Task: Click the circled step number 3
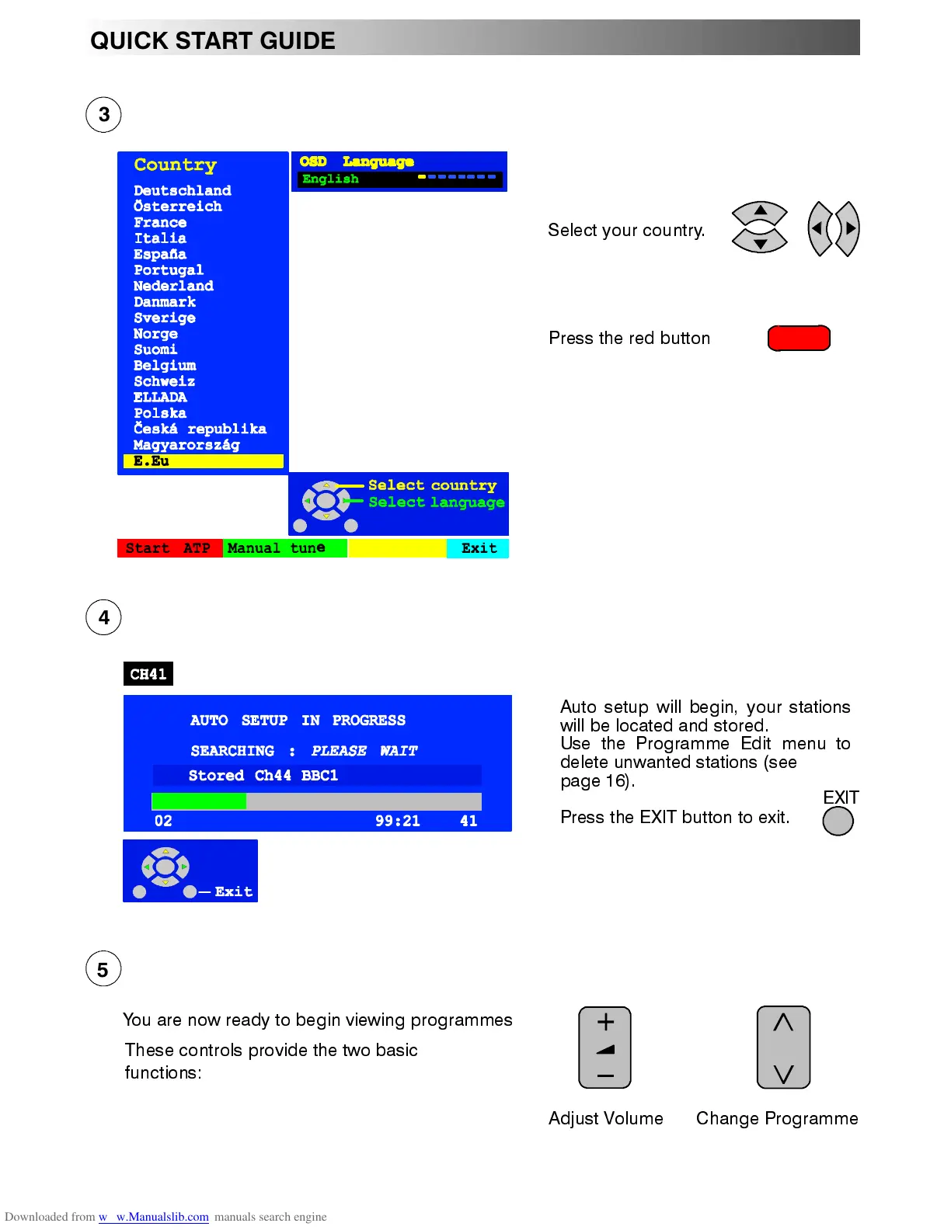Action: pyautogui.click(x=103, y=115)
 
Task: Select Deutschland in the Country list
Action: pyautogui.click(x=182, y=190)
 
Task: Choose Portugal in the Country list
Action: pyautogui.click(x=169, y=270)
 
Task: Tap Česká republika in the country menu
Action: pyautogui.click(x=200, y=429)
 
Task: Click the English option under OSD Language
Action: pyautogui.click(x=331, y=179)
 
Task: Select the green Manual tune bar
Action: pyautogui.click(x=284, y=548)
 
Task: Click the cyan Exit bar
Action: pyautogui.click(x=478, y=548)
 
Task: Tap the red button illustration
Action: pyautogui.click(x=799, y=339)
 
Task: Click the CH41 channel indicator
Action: pyautogui.click(x=148, y=674)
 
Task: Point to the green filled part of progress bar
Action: pyautogui.click(x=199, y=801)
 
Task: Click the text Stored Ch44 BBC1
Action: pyautogui.click(x=263, y=776)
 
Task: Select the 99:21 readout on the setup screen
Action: pyautogui.click(x=397, y=821)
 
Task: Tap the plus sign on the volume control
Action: pyautogui.click(x=605, y=1023)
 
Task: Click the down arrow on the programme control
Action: pyautogui.click(x=783, y=1074)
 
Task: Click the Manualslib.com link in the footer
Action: pyautogui.click(x=162, y=1217)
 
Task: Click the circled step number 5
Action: pyautogui.click(x=103, y=969)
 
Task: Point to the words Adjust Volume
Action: pyautogui.click(x=605, y=1118)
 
